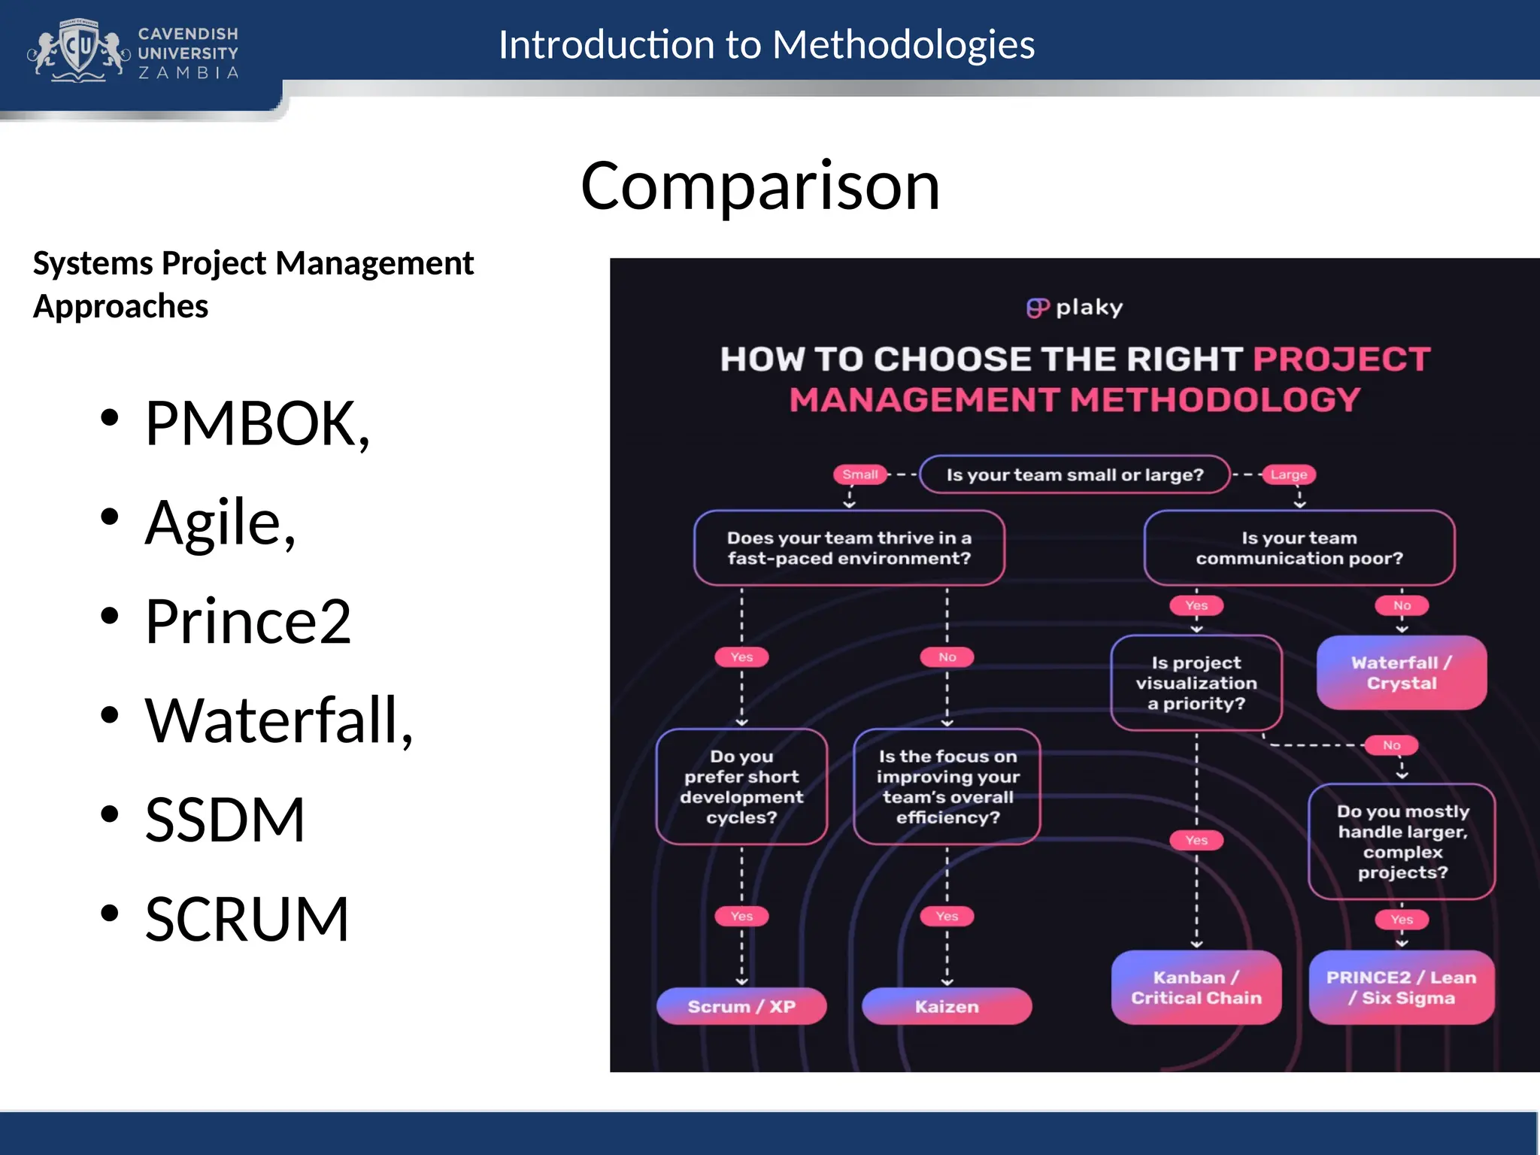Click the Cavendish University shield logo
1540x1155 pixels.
pos(79,50)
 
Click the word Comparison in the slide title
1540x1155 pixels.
pos(759,186)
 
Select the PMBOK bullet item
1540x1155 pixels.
pos(256,424)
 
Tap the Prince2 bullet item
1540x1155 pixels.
pos(247,622)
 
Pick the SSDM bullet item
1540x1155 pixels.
pos(225,820)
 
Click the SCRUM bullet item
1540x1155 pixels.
pos(247,919)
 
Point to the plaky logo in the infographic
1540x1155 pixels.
pos(1075,308)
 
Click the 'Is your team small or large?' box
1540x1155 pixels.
pos(1075,474)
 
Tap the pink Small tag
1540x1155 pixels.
pos(859,474)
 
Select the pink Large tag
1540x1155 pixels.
pos(1288,474)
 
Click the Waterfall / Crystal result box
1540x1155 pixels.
pos(1401,673)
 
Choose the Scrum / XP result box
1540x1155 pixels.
pos(741,1006)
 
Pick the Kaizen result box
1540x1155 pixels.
pos(947,1006)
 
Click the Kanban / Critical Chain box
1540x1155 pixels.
pos(1196,987)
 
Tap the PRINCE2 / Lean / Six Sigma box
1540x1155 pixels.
pos(1401,987)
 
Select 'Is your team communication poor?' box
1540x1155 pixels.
pos(1299,548)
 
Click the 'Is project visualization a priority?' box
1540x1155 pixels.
pos(1196,683)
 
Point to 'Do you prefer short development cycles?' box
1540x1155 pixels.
pos(741,787)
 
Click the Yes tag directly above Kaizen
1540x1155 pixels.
pos(947,916)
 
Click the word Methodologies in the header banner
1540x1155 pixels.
pos(903,45)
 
